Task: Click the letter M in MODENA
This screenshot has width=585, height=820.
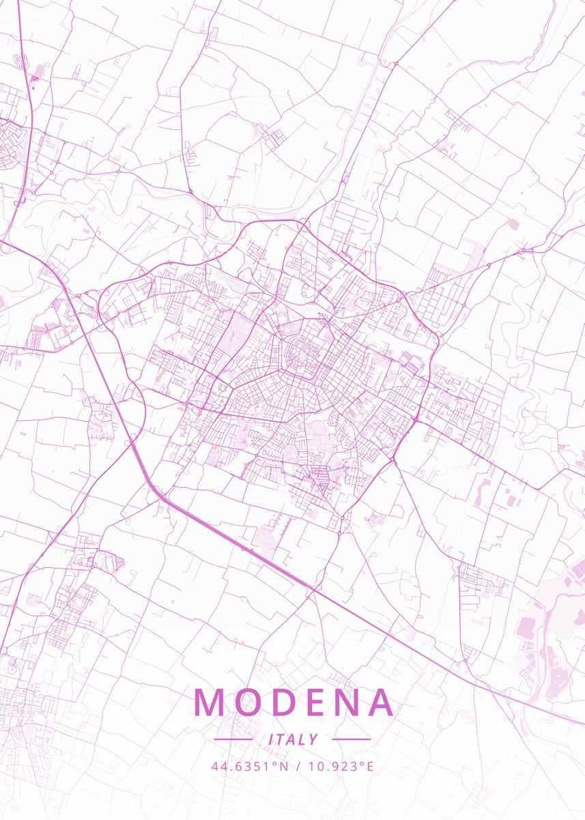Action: click(209, 702)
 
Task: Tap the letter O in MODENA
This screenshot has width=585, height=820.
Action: click(244, 702)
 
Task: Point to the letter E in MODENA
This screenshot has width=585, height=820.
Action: click(311, 702)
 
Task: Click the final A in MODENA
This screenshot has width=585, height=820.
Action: click(379, 702)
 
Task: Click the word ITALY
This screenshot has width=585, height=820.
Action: click(293, 739)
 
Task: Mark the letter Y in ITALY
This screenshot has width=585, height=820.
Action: click(313, 739)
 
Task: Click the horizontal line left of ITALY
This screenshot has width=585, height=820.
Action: click(233, 739)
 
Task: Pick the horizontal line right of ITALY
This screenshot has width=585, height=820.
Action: click(351, 739)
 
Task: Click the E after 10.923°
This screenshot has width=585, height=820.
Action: click(370, 766)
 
